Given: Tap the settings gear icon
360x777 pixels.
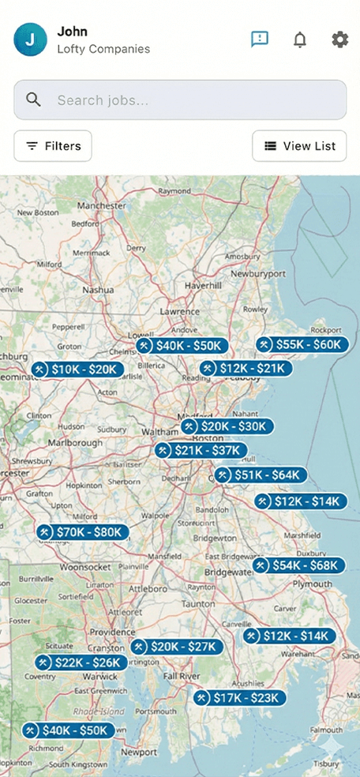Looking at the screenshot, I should tap(339, 39).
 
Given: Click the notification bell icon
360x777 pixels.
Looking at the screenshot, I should tap(300, 39).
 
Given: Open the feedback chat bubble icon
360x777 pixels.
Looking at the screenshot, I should tap(259, 39).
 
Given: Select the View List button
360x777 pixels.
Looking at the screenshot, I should tap(299, 146).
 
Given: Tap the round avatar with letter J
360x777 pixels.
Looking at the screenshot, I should tap(31, 39).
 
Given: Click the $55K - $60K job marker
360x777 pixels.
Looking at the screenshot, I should tap(301, 345).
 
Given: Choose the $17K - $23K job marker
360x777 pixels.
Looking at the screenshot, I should tap(239, 698).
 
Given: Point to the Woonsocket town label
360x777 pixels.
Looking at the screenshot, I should tap(83, 567).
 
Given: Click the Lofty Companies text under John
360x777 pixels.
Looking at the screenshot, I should tap(103, 49).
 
